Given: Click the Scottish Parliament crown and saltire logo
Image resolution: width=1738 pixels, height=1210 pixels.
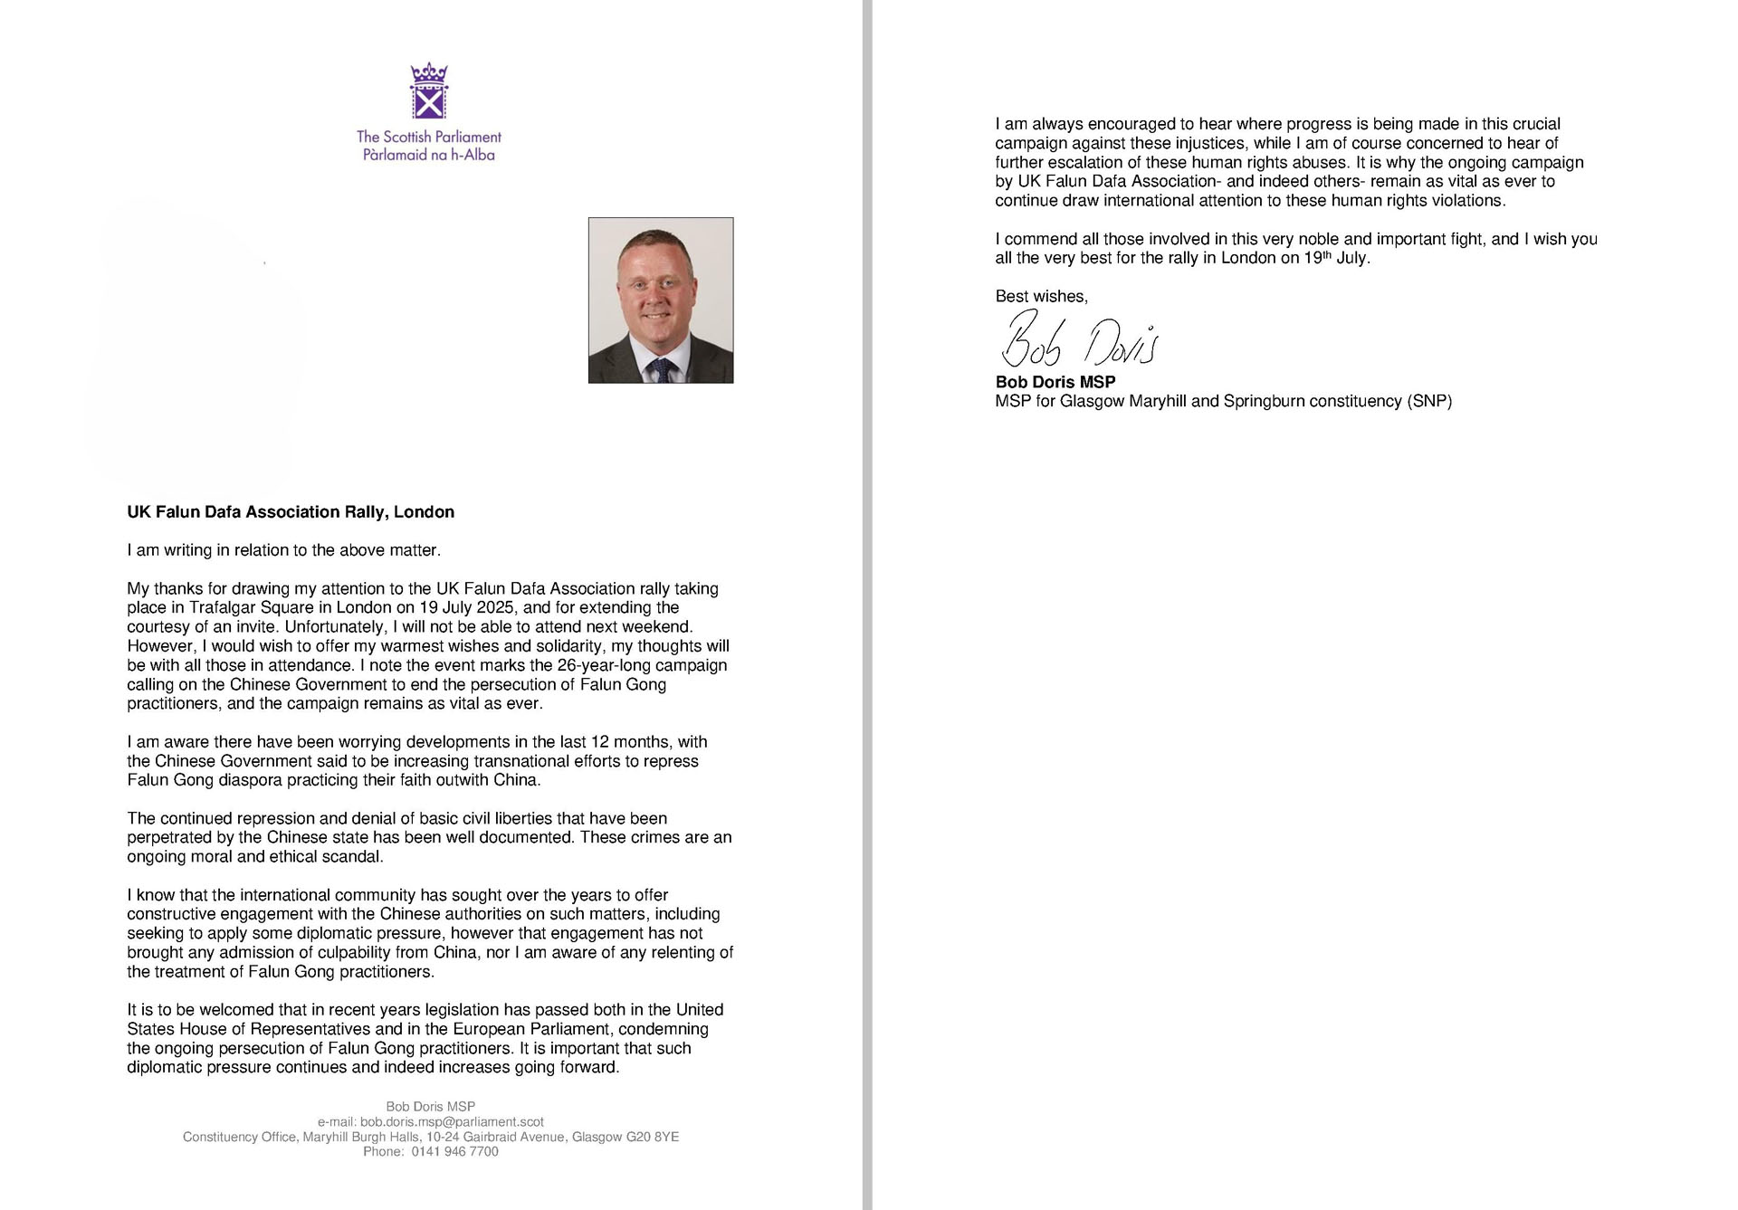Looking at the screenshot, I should click(429, 91).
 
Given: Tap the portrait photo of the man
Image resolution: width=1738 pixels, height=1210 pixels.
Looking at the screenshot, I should click(661, 300).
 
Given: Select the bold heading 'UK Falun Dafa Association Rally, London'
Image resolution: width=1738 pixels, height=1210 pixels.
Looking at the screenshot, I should click(291, 512).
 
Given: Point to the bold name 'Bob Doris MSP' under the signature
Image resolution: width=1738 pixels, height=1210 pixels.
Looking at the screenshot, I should click(1055, 382).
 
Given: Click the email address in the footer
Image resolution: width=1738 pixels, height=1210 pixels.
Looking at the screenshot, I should click(452, 1121).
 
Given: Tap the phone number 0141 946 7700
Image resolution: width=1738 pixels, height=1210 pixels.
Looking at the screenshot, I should click(454, 1151).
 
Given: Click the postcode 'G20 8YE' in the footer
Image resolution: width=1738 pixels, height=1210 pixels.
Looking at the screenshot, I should click(653, 1137).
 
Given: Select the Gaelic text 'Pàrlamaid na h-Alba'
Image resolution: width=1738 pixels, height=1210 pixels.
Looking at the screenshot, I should click(429, 155).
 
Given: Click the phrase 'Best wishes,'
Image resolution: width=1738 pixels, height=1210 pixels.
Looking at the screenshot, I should click(1041, 296).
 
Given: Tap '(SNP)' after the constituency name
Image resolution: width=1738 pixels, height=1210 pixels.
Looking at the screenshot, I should click(1429, 401).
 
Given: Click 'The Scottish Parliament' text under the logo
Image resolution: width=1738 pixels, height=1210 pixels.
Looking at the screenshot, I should click(429, 137).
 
